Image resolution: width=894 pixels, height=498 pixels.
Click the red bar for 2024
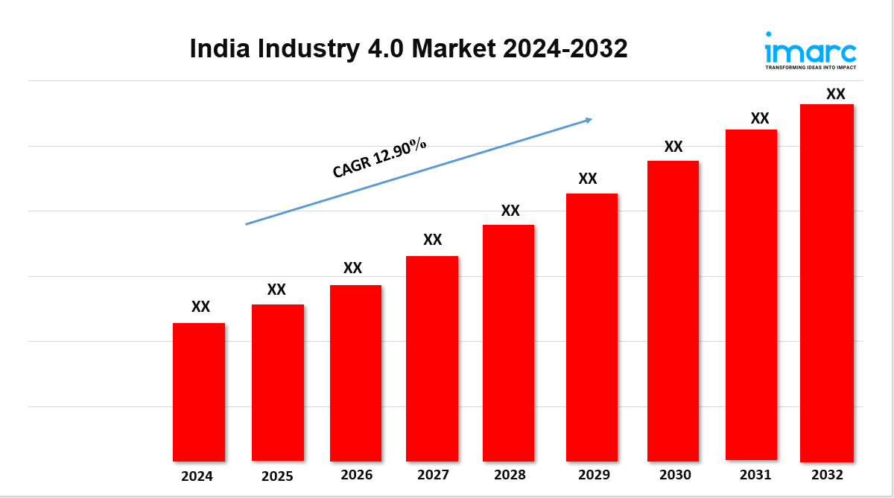click(199, 392)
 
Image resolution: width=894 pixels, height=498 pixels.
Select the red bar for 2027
click(432, 358)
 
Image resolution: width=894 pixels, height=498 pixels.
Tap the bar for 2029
click(592, 327)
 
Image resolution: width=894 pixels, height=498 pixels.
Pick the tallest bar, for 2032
click(826, 283)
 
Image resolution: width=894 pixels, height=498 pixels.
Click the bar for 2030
click(673, 310)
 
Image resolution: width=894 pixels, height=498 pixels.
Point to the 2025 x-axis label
click(277, 476)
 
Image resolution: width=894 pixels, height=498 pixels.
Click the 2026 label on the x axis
click(356, 475)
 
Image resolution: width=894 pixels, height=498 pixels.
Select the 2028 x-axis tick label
click(510, 475)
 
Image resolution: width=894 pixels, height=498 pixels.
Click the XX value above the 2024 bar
click(200, 307)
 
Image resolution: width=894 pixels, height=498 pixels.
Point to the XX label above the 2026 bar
click(352, 268)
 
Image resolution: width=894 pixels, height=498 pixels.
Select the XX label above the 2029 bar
click(588, 179)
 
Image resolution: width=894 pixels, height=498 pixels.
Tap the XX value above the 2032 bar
click(836, 94)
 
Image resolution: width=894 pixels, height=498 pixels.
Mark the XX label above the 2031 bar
click(759, 118)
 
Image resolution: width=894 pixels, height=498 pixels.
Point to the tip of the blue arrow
click(592, 118)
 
